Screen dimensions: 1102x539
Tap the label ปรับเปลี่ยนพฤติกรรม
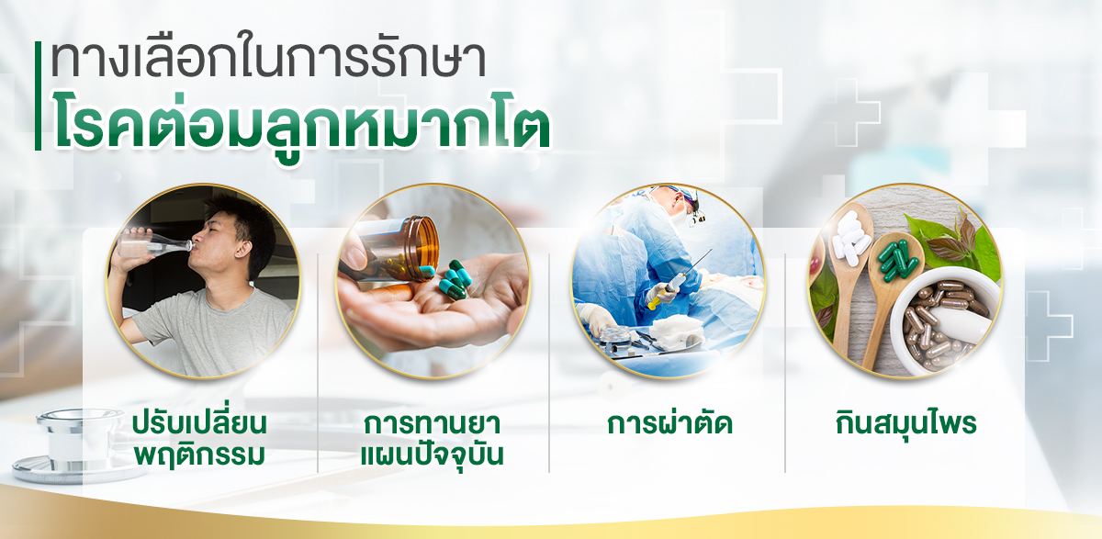200,439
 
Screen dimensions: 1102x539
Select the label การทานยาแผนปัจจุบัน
432,439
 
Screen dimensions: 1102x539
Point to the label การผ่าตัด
670,423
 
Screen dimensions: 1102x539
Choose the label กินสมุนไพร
905,423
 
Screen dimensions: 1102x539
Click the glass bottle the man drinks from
153,242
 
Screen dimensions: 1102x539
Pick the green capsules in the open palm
454,280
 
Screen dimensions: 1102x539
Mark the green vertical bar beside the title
38,95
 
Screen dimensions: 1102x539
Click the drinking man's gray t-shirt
211,332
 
